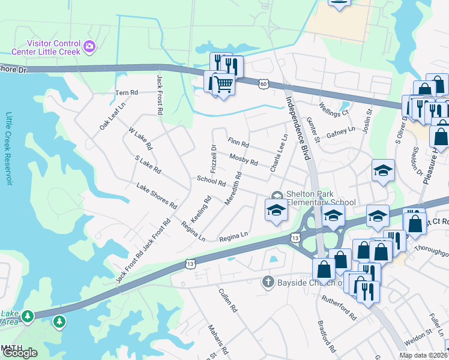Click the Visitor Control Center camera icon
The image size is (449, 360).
coord(89,46)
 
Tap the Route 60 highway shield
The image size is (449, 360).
coord(264,83)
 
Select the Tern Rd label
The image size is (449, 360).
coord(127,92)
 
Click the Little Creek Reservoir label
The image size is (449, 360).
coord(9,148)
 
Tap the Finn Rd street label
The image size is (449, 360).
coord(238,143)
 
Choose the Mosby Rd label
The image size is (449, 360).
coord(243,160)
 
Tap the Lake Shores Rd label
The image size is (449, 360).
coord(157,196)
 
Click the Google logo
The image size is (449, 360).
coord(20,353)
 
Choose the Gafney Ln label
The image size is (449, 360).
coord(340,133)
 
